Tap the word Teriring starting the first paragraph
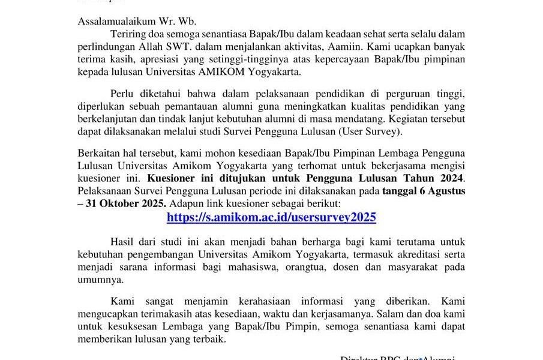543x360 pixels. point(128,34)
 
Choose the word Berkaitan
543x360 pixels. point(100,152)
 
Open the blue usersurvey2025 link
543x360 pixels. point(271,217)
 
